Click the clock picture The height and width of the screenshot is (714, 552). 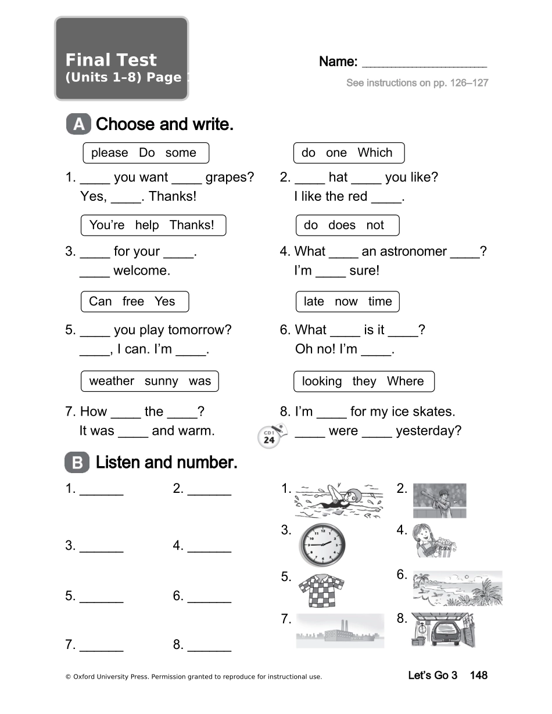[322, 545]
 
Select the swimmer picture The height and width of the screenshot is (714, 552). [339, 500]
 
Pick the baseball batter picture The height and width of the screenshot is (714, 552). [440, 500]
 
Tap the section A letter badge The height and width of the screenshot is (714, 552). [78, 124]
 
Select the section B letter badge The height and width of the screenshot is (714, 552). [77, 463]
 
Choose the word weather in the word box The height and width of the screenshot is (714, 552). [112, 381]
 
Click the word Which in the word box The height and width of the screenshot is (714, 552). [375, 153]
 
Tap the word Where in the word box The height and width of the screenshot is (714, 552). [405, 381]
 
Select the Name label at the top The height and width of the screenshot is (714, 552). [338, 62]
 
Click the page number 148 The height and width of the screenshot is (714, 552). [478, 675]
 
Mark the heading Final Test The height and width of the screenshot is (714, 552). [111, 60]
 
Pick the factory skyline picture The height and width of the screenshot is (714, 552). [340, 631]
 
